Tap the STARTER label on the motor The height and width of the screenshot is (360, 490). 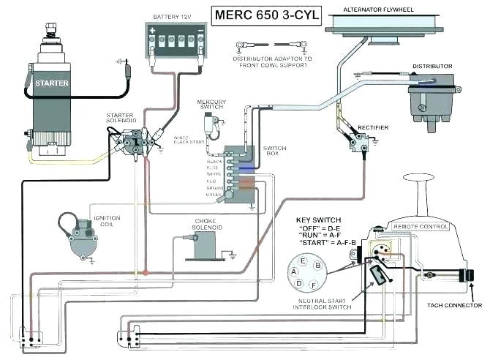point(52,83)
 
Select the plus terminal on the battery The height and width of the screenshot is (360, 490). point(152,31)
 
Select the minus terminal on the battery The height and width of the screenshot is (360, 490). point(198,31)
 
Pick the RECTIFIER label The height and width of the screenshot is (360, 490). point(373,128)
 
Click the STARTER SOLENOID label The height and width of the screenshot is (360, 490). point(120,119)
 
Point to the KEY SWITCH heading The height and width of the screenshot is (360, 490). point(319,219)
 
